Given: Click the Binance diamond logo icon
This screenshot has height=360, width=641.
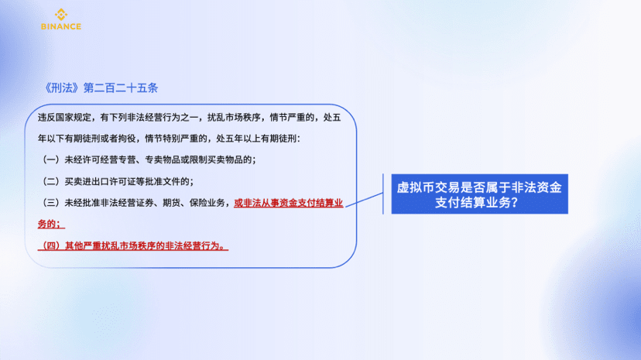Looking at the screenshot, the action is point(61,14).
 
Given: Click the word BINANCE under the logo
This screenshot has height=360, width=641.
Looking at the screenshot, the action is point(61,26).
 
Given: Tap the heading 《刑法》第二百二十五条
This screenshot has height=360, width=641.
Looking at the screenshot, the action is point(101,87).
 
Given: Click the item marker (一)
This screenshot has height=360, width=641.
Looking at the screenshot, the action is point(50,159).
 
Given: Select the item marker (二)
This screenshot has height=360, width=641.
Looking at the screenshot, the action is point(50,181).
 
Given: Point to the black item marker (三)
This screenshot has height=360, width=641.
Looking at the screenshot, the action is point(50,203).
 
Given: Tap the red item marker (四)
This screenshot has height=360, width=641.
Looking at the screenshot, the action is point(50,245).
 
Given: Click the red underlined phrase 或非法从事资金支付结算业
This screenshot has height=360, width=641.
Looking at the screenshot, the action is point(288,203).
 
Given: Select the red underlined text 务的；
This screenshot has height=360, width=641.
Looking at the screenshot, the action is point(51,224).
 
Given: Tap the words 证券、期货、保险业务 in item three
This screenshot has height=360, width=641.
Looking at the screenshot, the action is point(180,203).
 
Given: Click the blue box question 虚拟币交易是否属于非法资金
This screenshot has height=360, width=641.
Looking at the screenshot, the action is point(479,187).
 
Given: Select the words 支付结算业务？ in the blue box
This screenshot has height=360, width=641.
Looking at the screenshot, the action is point(477,202).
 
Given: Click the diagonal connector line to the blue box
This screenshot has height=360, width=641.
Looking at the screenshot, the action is point(365,200).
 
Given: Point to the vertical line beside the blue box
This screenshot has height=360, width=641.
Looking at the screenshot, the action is point(383,194).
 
